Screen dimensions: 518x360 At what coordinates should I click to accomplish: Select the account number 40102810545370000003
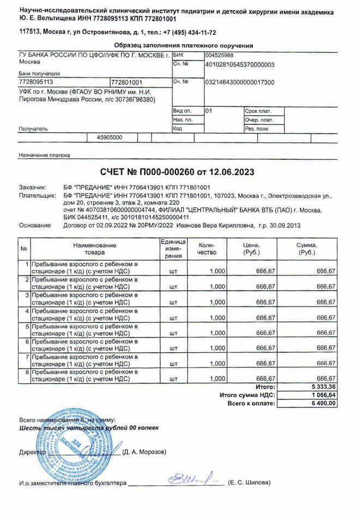click(239, 64)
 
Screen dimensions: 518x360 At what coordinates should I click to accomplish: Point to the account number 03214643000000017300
click(239, 82)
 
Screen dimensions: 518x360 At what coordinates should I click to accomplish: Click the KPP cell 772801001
click(127, 82)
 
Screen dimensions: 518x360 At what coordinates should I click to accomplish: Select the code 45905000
click(109, 138)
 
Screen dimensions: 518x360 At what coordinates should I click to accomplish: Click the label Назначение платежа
click(44, 155)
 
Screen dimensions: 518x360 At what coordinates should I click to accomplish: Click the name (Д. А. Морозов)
click(145, 452)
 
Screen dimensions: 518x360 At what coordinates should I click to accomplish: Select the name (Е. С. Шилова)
click(249, 483)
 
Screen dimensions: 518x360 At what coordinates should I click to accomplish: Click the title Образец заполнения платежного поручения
click(184, 45)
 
